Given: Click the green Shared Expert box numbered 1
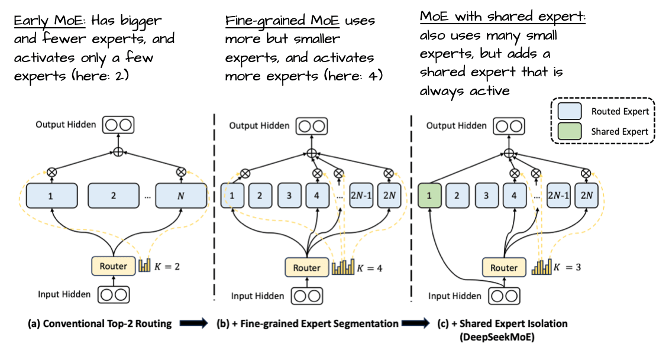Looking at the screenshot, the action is (429, 196).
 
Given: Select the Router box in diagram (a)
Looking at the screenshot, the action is (114, 266).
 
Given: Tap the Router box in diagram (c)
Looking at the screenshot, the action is (504, 267).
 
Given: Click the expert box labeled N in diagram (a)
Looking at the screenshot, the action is (181, 196).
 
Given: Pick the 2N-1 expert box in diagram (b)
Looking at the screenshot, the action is (361, 196).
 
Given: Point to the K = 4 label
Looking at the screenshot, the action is (370, 268).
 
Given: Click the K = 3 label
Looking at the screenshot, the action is (567, 267).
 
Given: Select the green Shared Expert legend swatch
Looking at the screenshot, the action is (570, 131).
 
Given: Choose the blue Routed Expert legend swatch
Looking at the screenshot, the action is (570, 111).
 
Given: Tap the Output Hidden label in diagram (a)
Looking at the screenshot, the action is (66, 125).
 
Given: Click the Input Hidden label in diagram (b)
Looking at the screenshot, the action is (257, 296).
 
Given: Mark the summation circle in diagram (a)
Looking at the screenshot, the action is (118, 152).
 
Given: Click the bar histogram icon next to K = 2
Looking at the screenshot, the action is (145, 265).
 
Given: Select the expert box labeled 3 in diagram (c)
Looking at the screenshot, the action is (486, 196).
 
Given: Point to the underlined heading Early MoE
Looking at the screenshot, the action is (50, 21).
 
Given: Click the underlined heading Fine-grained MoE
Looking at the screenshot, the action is (282, 21).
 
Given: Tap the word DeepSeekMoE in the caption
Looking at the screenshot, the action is (497, 338).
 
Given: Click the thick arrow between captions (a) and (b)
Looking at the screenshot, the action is (193, 323).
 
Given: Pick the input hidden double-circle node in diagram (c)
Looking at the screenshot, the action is (504, 296).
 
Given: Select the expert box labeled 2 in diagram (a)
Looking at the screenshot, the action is (114, 196).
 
